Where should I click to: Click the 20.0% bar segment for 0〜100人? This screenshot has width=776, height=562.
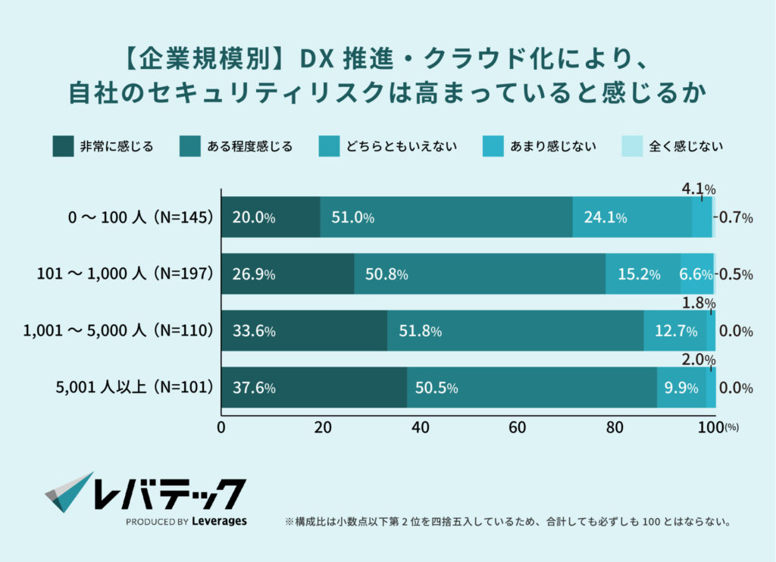click(x=271, y=217)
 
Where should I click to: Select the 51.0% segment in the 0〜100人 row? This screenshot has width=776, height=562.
click(x=446, y=217)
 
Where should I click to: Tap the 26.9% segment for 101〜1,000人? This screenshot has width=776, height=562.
click(x=287, y=274)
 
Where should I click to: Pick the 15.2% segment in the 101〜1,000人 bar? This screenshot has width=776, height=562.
click(x=643, y=274)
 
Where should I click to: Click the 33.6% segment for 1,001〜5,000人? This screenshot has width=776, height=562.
click(x=304, y=331)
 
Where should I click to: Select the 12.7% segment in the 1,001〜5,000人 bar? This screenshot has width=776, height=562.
click(x=675, y=331)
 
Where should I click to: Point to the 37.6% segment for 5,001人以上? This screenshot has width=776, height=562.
click(x=314, y=388)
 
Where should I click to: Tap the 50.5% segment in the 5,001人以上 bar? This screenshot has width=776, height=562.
click(x=532, y=388)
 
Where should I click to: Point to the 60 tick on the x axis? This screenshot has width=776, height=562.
click(x=518, y=427)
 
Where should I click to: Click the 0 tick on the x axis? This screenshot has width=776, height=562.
click(x=221, y=427)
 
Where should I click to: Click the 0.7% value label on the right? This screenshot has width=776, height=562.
click(x=736, y=217)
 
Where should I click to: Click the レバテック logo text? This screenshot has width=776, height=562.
click(x=168, y=494)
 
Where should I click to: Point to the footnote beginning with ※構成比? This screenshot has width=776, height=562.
click(x=507, y=522)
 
